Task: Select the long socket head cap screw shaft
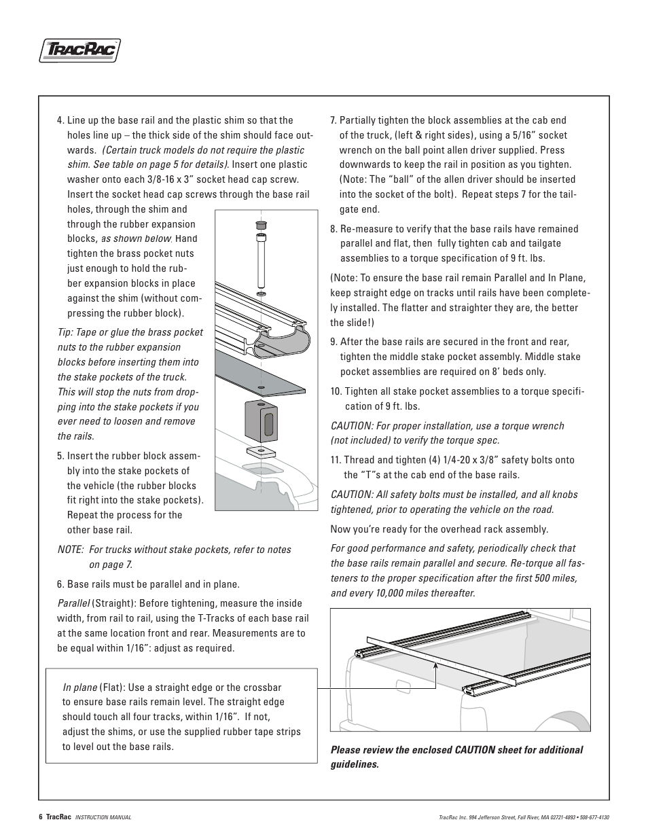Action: pyautogui.click(x=261, y=261)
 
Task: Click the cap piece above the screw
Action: pyautogui.click(x=261, y=225)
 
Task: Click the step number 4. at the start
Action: pyautogui.click(x=61, y=121)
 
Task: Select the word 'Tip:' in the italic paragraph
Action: pyautogui.click(x=65, y=332)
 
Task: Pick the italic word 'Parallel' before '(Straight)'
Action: pyautogui.click(x=73, y=603)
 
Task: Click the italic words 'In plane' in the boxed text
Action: pyautogui.click(x=79, y=688)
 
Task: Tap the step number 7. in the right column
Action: pyautogui.click(x=334, y=121)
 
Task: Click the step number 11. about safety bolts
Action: pyautogui.click(x=336, y=460)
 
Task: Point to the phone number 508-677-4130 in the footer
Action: pyautogui.click(x=594, y=817)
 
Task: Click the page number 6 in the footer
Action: pyautogui.click(x=41, y=817)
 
